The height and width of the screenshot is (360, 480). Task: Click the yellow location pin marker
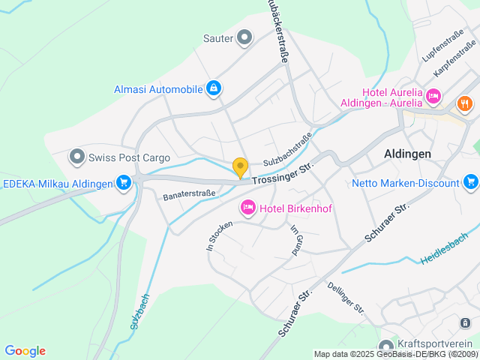(240, 168)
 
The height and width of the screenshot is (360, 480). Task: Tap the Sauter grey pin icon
(244, 37)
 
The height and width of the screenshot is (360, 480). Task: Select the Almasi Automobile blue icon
(214, 89)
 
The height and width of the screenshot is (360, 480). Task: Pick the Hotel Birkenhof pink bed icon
(247, 207)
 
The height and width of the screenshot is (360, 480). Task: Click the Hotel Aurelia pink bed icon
(433, 97)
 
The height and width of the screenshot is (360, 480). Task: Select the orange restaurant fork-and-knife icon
(464, 103)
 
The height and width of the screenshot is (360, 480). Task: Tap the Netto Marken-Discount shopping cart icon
(470, 182)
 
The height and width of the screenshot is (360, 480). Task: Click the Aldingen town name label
(407, 153)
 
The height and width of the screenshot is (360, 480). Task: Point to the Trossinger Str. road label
(282, 175)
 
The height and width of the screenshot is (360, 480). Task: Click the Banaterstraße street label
(189, 194)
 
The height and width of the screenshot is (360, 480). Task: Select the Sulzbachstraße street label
(286, 151)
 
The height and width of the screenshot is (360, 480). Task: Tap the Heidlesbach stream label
(444, 247)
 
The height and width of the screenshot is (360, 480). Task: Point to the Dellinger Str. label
(346, 298)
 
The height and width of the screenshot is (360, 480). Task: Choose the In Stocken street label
(215, 235)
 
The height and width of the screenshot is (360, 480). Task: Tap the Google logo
(25, 351)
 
